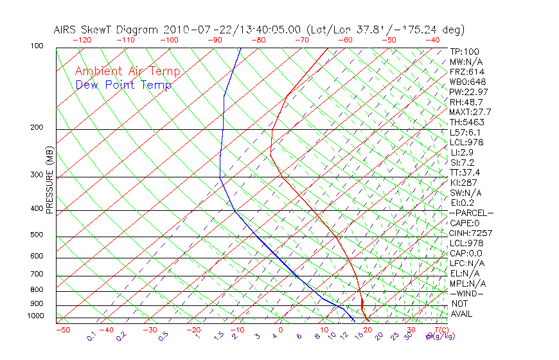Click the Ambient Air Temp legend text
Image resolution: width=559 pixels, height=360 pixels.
click(127, 71)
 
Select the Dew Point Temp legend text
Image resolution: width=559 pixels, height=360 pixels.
click(123, 85)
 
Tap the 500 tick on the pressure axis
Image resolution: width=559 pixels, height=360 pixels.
click(37, 235)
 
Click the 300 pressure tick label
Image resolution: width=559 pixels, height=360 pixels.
click(37, 175)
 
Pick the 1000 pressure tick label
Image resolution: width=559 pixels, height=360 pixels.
click(35, 316)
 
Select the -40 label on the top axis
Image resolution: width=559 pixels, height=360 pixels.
click(432, 40)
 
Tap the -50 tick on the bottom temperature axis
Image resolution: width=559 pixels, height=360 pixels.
click(62, 330)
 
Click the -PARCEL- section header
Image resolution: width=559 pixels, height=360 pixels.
click(471, 213)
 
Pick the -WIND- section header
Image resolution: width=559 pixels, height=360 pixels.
click(467, 293)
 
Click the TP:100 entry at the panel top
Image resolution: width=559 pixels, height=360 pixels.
click(464, 51)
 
